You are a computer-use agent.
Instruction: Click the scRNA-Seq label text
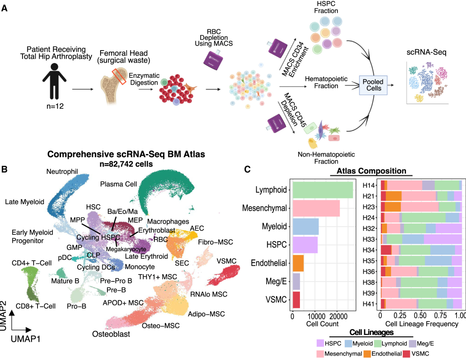pyautogui.click(x=426, y=53)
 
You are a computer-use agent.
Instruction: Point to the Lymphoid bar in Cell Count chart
pyautogui.click(x=323, y=190)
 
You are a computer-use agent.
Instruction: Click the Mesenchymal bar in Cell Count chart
pyautogui.click(x=316, y=208)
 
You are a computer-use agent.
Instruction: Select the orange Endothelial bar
pyautogui.click(x=298, y=263)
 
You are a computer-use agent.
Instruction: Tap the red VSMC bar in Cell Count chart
pyautogui.click(x=296, y=299)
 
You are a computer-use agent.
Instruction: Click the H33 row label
pyautogui.click(x=368, y=239)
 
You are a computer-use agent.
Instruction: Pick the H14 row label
pyautogui.click(x=368, y=185)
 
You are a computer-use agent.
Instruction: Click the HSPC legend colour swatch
pyautogui.click(x=320, y=343)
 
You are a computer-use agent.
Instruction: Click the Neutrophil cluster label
pyautogui.click(x=62, y=172)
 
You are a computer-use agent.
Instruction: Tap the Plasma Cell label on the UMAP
pyautogui.click(x=119, y=184)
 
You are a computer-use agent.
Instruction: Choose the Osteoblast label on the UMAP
pyautogui.click(x=111, y=334)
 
